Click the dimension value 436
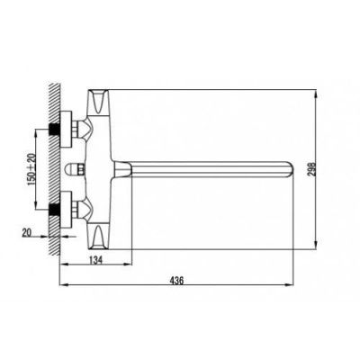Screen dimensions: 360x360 176,281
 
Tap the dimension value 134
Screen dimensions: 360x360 95,260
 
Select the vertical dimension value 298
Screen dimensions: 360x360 311,170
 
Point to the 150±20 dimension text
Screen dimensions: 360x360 31,169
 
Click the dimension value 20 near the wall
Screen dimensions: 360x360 27,232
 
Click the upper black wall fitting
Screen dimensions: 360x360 54,130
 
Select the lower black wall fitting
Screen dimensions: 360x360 54,210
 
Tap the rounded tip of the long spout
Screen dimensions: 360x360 291,169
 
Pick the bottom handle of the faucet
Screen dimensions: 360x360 99,238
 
